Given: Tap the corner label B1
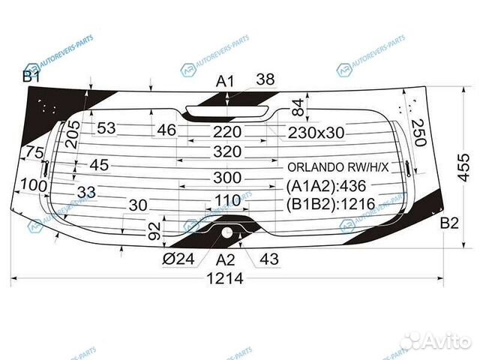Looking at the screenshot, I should [x=31, y=76].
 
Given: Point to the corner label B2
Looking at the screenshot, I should [x=448, y=222].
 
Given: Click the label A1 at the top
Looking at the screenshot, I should [x=226, y=81].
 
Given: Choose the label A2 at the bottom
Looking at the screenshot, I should [x=226, y=259].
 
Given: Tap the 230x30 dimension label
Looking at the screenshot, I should [x=316, y=132].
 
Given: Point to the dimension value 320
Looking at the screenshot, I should [x=226, y=151].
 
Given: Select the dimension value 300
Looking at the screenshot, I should [x=226, y=178].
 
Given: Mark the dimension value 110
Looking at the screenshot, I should [x=226, y=199].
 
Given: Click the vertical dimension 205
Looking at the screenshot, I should [x=73, y=134].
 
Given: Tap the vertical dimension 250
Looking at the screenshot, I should [x=418, y=133].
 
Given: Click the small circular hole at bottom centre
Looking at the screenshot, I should [x=226, y=232].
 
